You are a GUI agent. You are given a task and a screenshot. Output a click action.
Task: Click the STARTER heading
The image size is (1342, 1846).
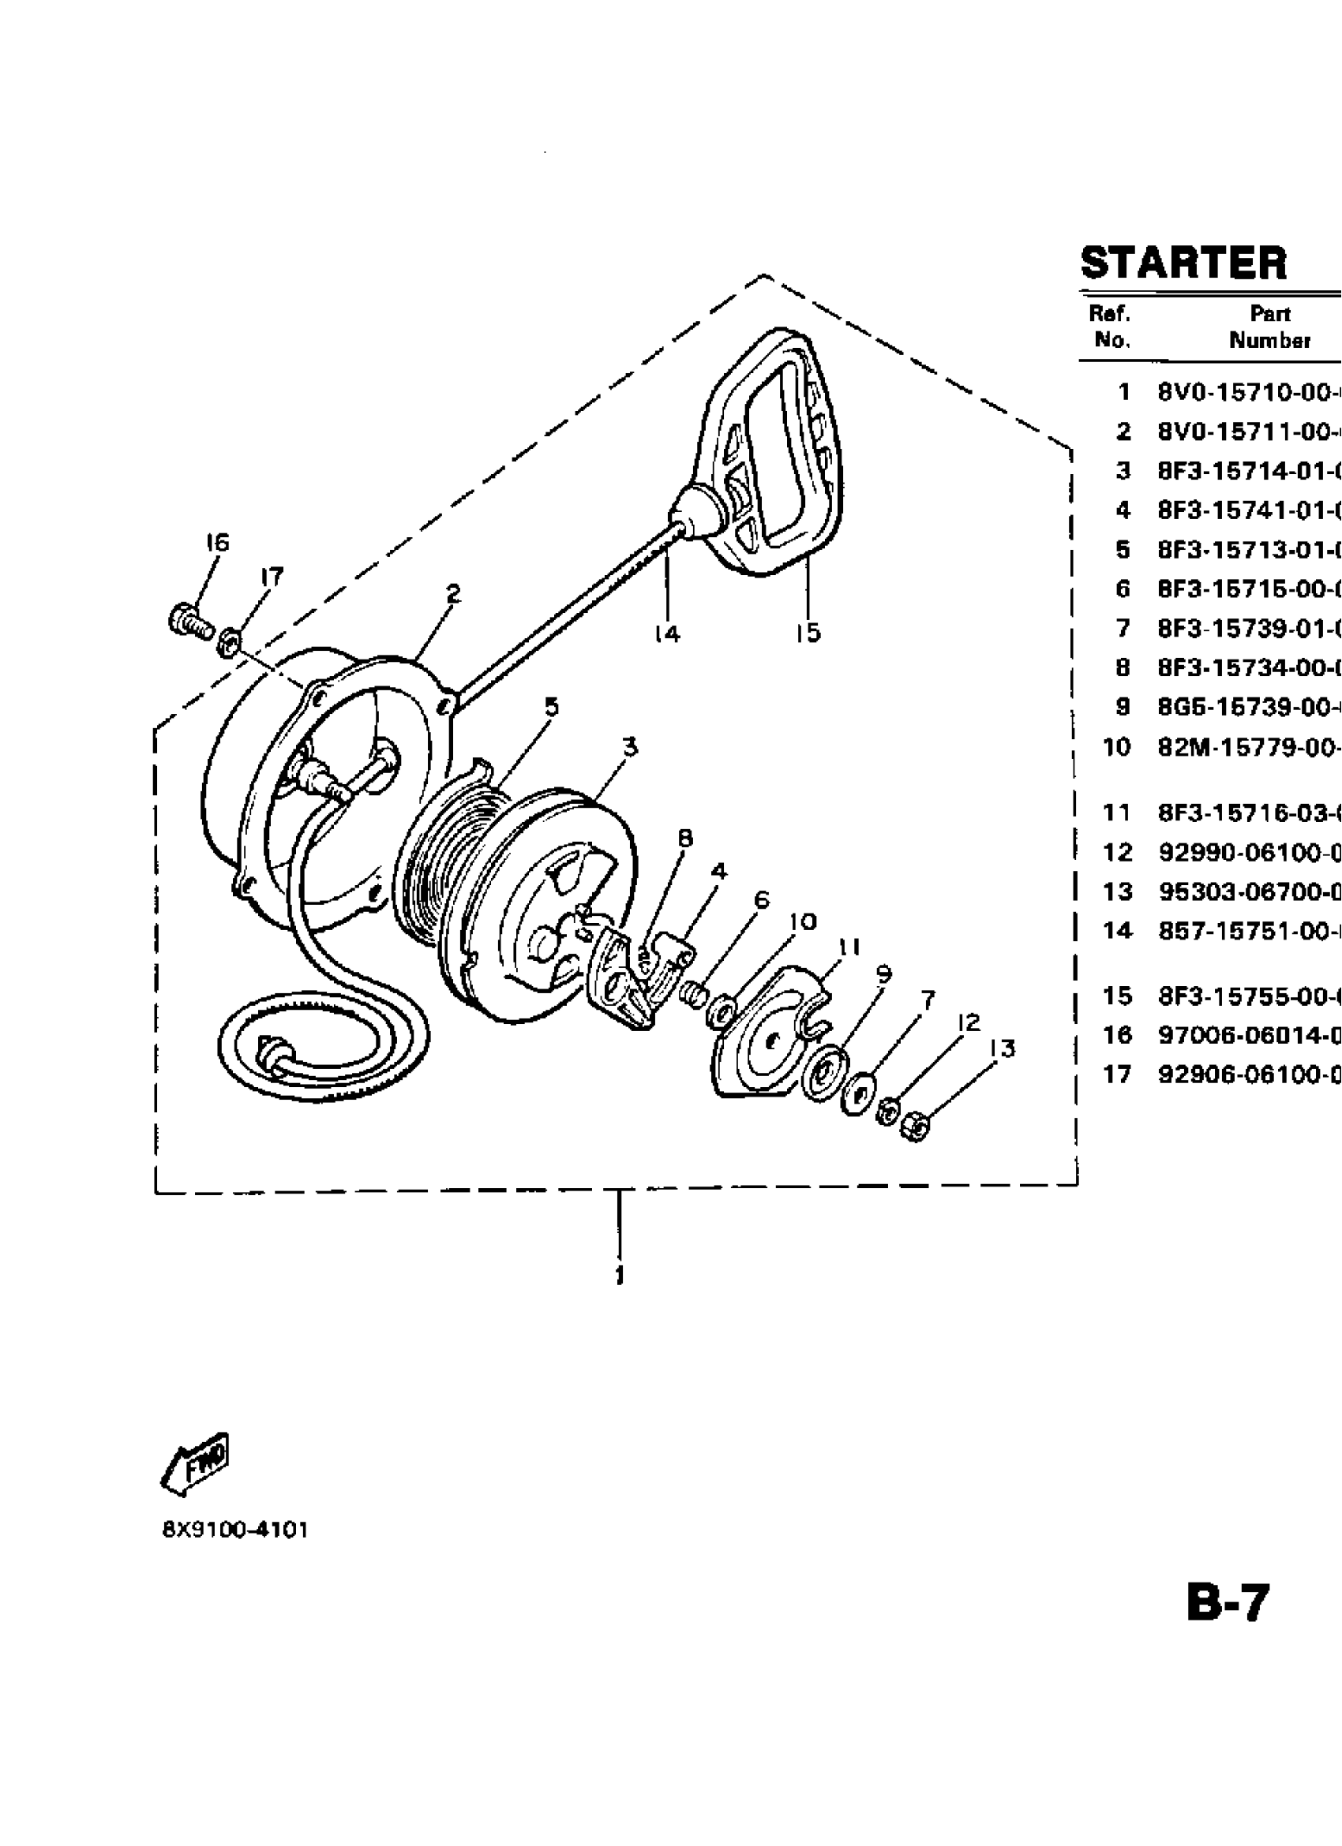tap(1183, 263)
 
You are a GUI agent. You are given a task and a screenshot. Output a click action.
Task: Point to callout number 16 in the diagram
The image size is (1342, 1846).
tap(216, 543)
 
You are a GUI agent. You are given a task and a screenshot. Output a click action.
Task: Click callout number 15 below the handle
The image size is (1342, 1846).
tap(808, 633)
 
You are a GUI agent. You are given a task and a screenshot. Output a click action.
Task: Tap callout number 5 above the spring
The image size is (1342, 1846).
tap(551, 707)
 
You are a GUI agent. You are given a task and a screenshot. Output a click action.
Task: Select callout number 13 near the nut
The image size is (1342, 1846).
tap(1003, 1049)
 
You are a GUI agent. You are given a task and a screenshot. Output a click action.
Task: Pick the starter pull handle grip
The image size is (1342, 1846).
tap(774, 456)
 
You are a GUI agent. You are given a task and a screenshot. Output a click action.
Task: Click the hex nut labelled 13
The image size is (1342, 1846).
tap(916, 1127)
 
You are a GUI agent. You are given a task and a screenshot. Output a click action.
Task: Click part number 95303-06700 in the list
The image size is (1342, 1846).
tap(1248, 892)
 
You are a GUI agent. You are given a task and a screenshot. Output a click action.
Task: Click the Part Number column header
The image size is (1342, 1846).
tap(1269, 327)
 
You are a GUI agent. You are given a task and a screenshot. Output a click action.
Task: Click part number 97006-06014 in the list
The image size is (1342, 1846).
tap(1248, 1035)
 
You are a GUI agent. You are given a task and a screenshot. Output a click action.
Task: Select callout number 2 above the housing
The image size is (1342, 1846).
tap(453, 593)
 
